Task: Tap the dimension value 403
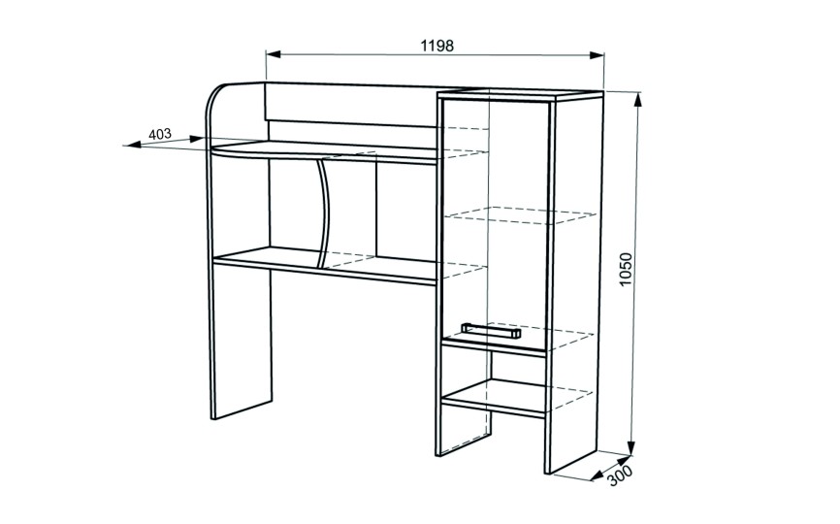pyautogui.click(x=161, y=134)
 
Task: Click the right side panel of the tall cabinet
pyautogui.click(x=577, y=281)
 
